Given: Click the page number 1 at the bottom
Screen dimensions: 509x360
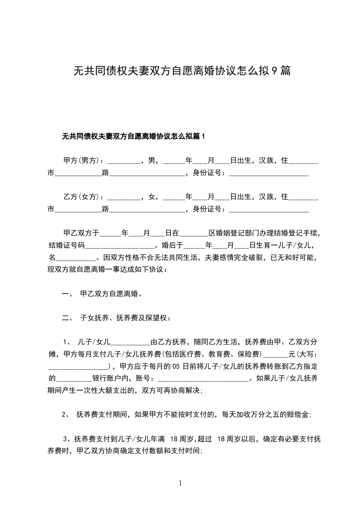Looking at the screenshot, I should (x=180, y=484).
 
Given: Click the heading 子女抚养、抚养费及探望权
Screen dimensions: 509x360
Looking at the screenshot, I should (x=124, y=318).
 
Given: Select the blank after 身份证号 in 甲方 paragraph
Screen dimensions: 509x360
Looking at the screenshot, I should (x=268, y=172).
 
